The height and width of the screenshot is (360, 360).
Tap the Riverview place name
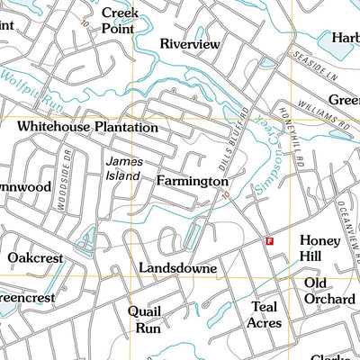pyautogui.click(x=190, y=43)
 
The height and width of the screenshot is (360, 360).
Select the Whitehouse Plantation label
pyautogui.click(x=87, y=128)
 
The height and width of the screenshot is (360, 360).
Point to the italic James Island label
pyautogui.click(x=123, y=168)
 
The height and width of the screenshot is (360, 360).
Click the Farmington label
pyautogui.click(x=192, y=182)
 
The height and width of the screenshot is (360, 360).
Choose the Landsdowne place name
pyautogui.click(x=177, y=268)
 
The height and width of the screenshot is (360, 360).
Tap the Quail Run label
pyautogui.click(x=144, y=319)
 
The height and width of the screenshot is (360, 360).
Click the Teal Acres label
pyautogui.click(x=265, y=314)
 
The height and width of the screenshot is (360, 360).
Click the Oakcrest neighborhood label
pyautogui.click(x=35, y=258)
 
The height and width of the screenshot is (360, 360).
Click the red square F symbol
pyautogui.click(x=268, y=240)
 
